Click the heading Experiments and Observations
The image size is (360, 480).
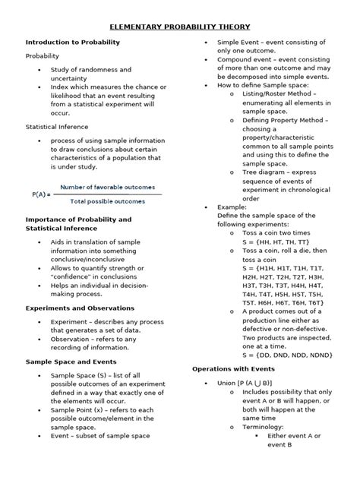(80, 308)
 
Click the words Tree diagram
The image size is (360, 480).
(268, 172)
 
